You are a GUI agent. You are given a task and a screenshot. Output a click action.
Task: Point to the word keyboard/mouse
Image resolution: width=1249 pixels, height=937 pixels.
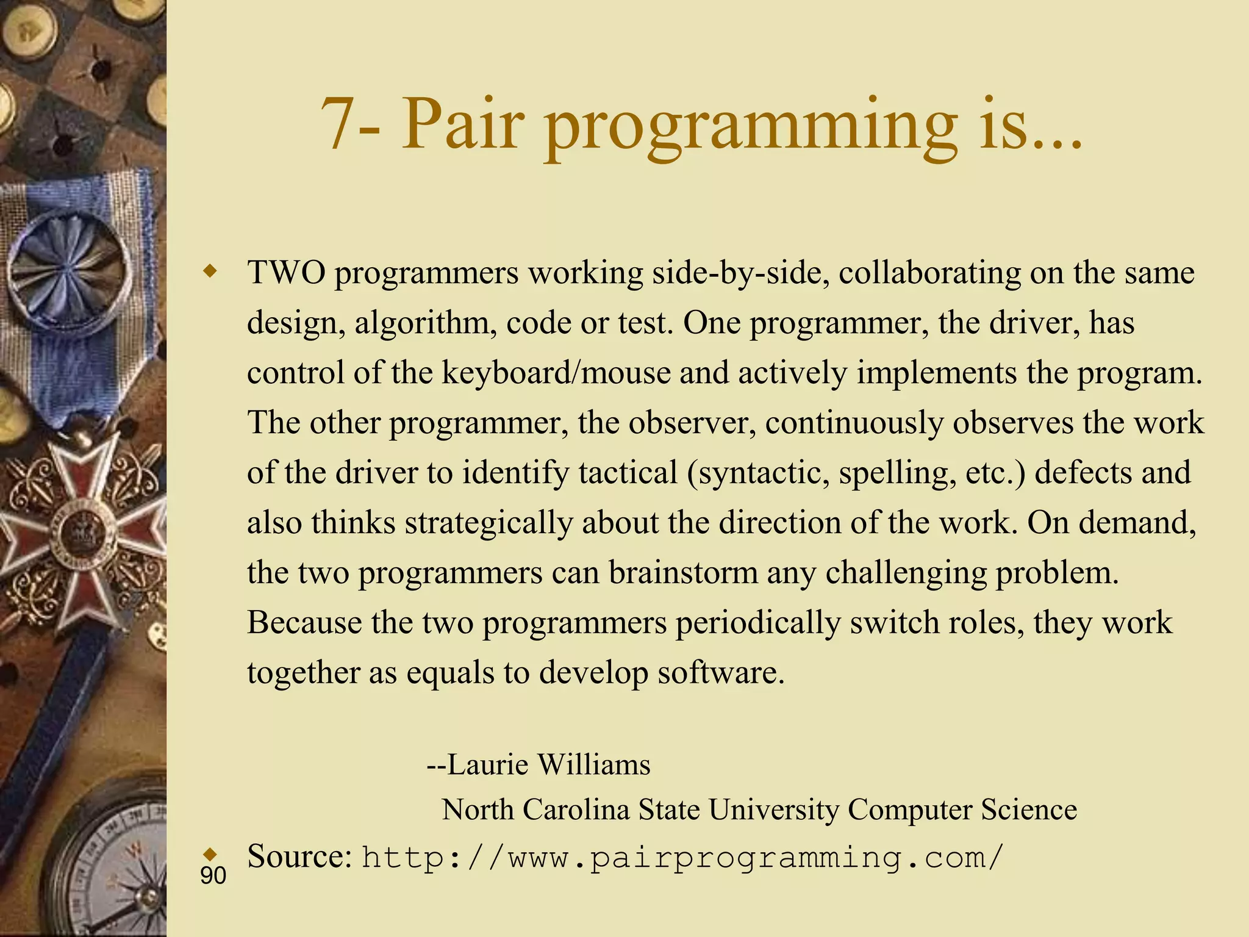[556, 373]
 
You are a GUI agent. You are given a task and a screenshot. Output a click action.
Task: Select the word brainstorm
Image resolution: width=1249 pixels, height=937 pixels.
[682, 573]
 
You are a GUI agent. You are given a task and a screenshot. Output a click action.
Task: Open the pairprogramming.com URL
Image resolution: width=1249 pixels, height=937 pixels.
[682, 858]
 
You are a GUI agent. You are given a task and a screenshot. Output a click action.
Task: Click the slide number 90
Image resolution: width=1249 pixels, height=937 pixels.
[213, 876]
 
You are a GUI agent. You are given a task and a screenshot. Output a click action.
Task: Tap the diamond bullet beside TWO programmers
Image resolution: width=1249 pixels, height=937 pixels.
[211, 271]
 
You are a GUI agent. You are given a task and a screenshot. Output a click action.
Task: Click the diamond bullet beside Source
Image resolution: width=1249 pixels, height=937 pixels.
[211, 852]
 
